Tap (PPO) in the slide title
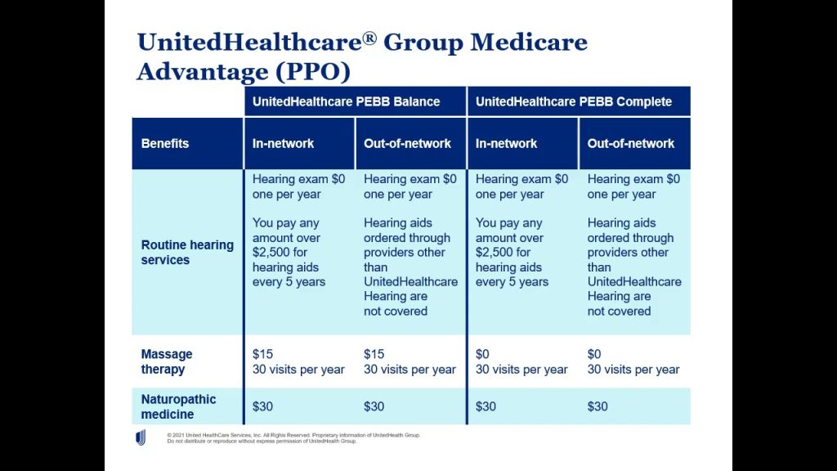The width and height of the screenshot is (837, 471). click(313, 71)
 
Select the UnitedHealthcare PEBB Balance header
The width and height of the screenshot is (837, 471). click(346, 101)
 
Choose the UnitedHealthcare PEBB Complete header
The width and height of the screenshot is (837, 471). click(574, 101)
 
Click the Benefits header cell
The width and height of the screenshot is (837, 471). click(165, 143)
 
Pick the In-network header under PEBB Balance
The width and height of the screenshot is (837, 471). click(283, 143)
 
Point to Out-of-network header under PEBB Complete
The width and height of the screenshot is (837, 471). click(630, 143)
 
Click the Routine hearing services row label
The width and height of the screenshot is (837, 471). click(187, 252)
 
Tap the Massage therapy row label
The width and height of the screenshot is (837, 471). click(167, 361)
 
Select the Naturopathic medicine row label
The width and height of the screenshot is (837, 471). click(178, 406)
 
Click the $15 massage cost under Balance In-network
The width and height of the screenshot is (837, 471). click(262, 354)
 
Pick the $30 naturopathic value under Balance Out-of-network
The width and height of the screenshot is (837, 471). click(374, 406)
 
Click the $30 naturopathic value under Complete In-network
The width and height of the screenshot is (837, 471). click(486, 406)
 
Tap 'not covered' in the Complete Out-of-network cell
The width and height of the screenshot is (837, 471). click(619, 311)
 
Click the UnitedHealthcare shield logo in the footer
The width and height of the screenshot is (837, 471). click(141, 437)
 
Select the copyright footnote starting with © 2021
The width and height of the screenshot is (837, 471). click(293, 437)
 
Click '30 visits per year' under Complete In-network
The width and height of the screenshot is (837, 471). click(521, 369)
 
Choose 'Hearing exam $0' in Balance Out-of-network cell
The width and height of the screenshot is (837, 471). click(410, 179)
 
